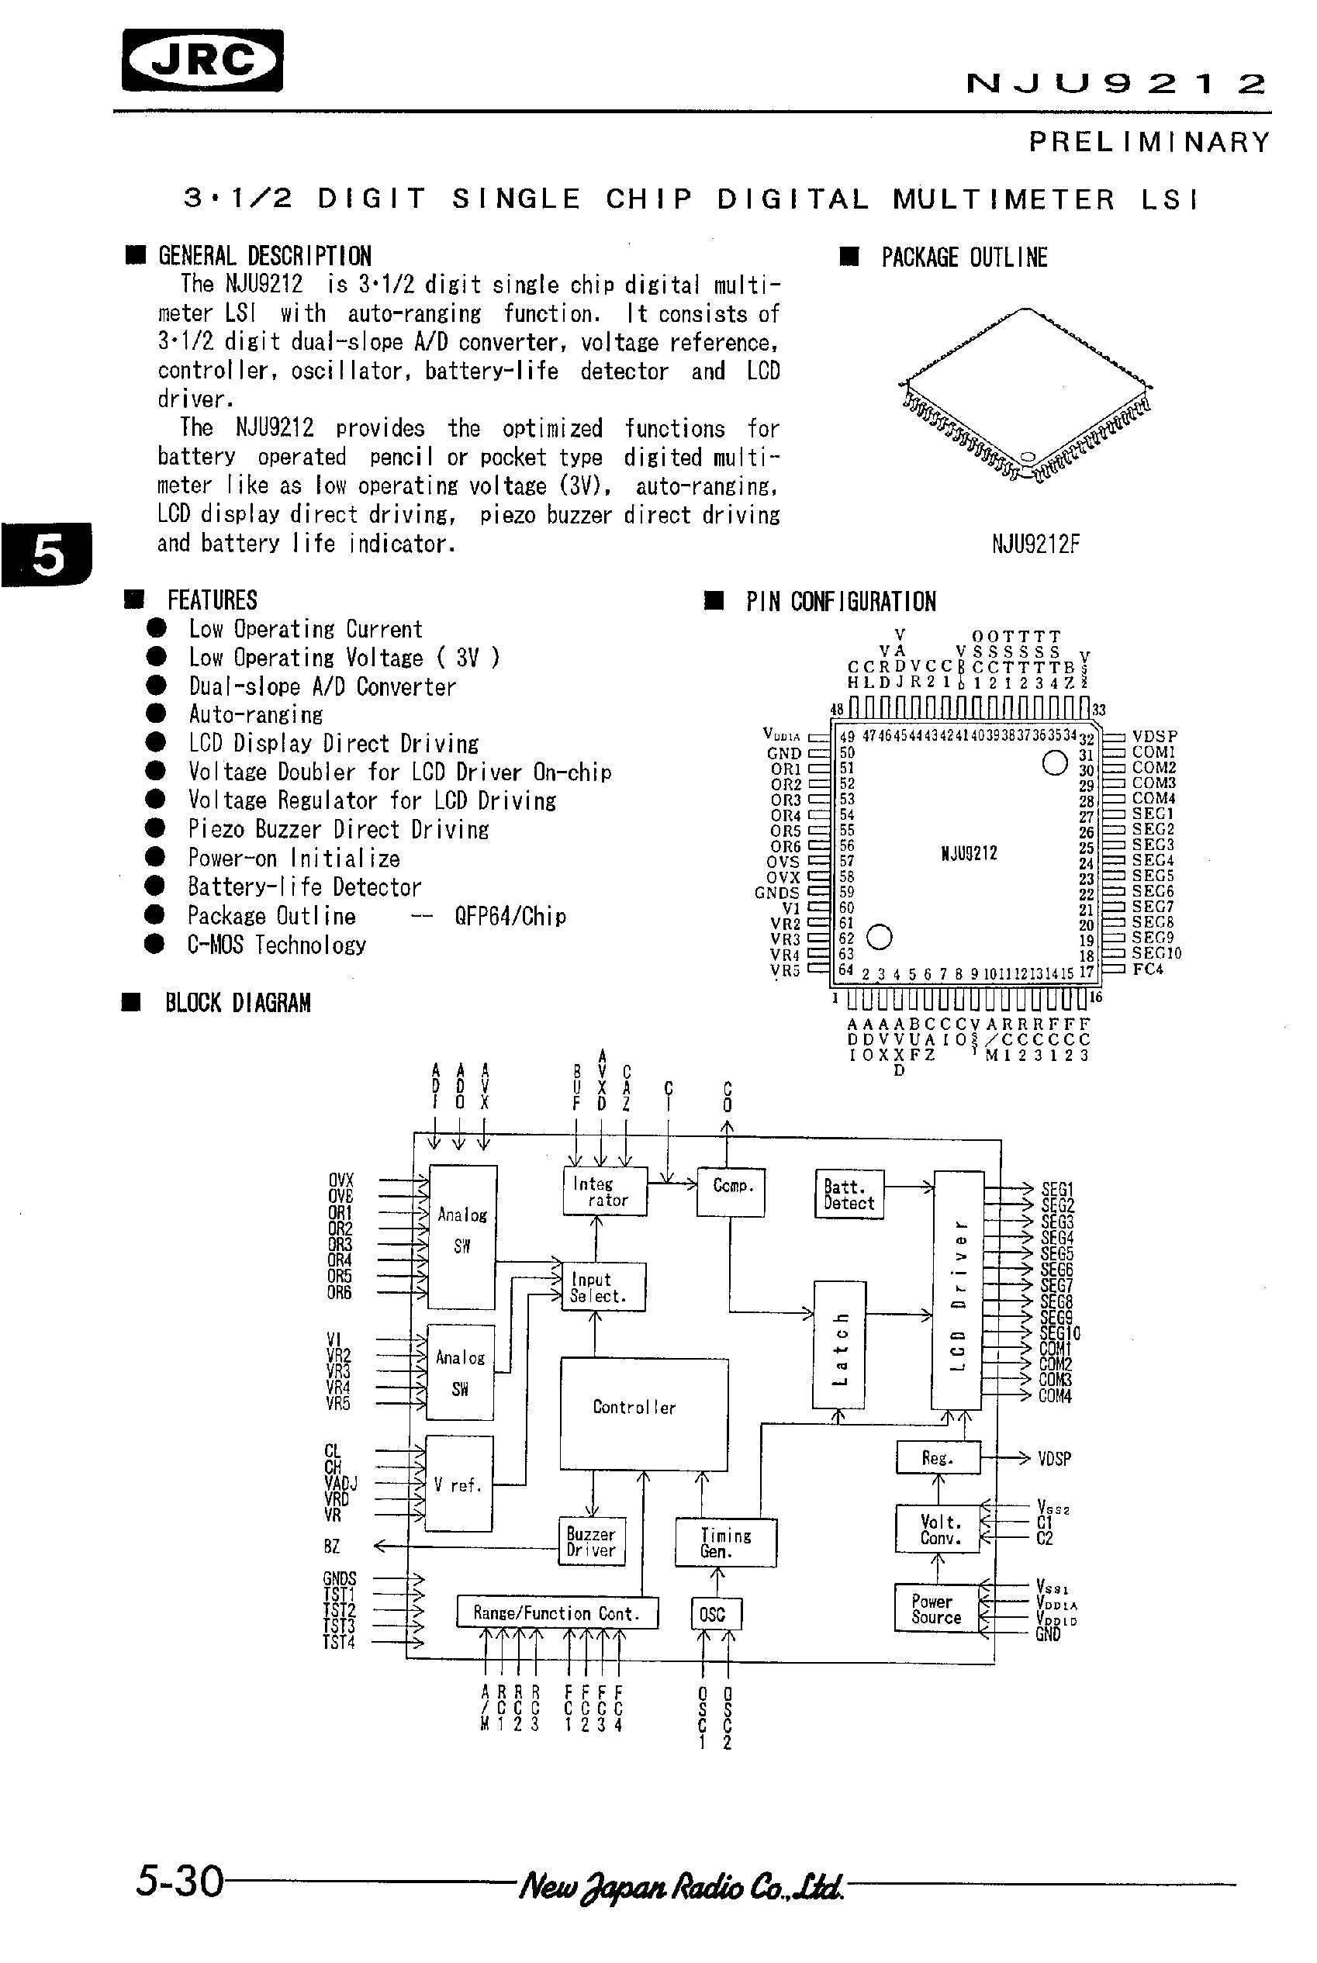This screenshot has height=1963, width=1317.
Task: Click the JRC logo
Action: coord(202,60)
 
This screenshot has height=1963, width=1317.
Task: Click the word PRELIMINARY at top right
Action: coord(1149,142)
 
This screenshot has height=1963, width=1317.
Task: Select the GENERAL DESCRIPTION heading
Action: coord(264,256)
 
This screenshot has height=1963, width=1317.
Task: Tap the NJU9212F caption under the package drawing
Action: coord(1035,544)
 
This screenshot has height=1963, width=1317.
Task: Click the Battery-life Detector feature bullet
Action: coord(304,887)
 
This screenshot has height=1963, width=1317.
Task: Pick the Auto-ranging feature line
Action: coord(255,715)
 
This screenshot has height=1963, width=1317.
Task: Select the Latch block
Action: coord(838,1345)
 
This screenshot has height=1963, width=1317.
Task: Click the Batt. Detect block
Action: coord(849,1194)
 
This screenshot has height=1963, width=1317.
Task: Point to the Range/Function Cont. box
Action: coord(557,1612)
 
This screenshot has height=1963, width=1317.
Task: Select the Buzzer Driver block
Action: coord(591,1542)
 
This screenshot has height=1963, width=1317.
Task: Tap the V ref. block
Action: coord(458,1485)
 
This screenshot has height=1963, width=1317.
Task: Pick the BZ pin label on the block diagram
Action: coord(332,1547)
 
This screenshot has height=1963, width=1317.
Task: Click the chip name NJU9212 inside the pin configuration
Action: coord(969,853)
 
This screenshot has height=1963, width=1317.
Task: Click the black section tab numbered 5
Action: coord(47,555)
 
